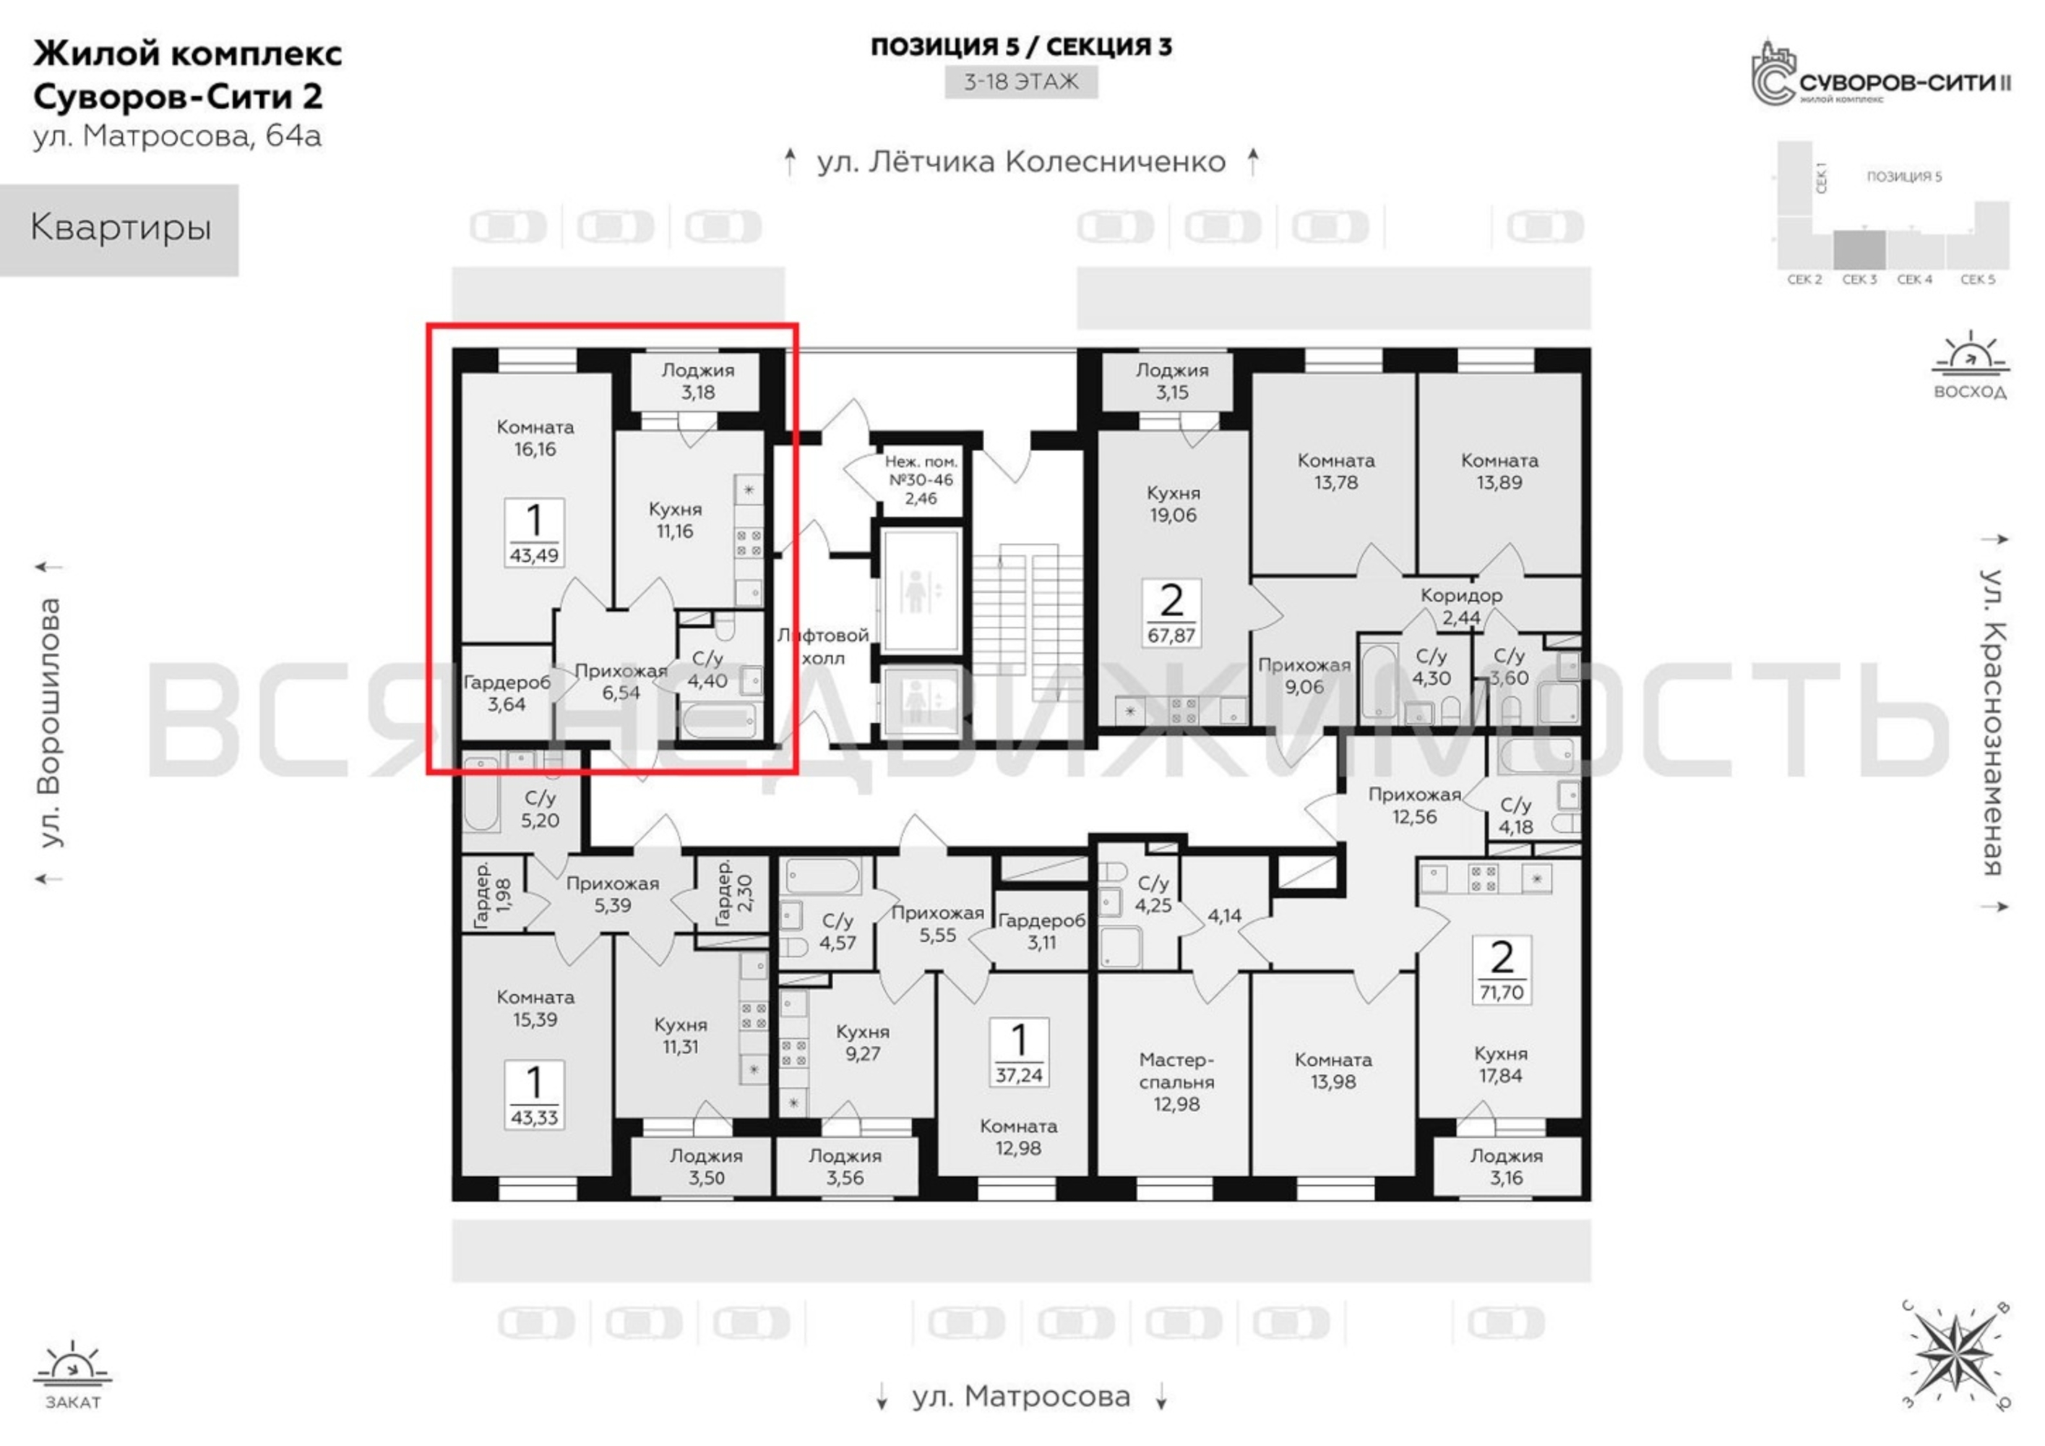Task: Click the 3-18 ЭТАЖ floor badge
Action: [1021, 82]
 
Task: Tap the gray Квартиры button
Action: [119, 230]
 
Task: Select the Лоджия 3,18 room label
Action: [698, 381]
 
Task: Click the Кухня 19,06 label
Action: [1173, 504]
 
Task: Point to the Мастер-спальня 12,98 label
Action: [1176, 1082]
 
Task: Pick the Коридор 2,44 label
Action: [1462, 606]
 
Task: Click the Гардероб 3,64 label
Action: [507, 693]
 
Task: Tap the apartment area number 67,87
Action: [1171, 636]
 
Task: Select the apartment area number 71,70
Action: [1502, 992]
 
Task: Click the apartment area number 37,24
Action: [1019, 1074]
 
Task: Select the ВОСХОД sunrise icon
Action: [1970, 365]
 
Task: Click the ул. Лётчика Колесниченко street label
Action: [1022, 162]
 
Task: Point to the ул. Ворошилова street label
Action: [51, 722]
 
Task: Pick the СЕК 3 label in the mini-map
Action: [1860, 280]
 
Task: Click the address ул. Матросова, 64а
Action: [177, 137]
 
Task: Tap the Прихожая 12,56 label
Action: [1414, 805]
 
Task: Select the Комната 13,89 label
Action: [1500, 471]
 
